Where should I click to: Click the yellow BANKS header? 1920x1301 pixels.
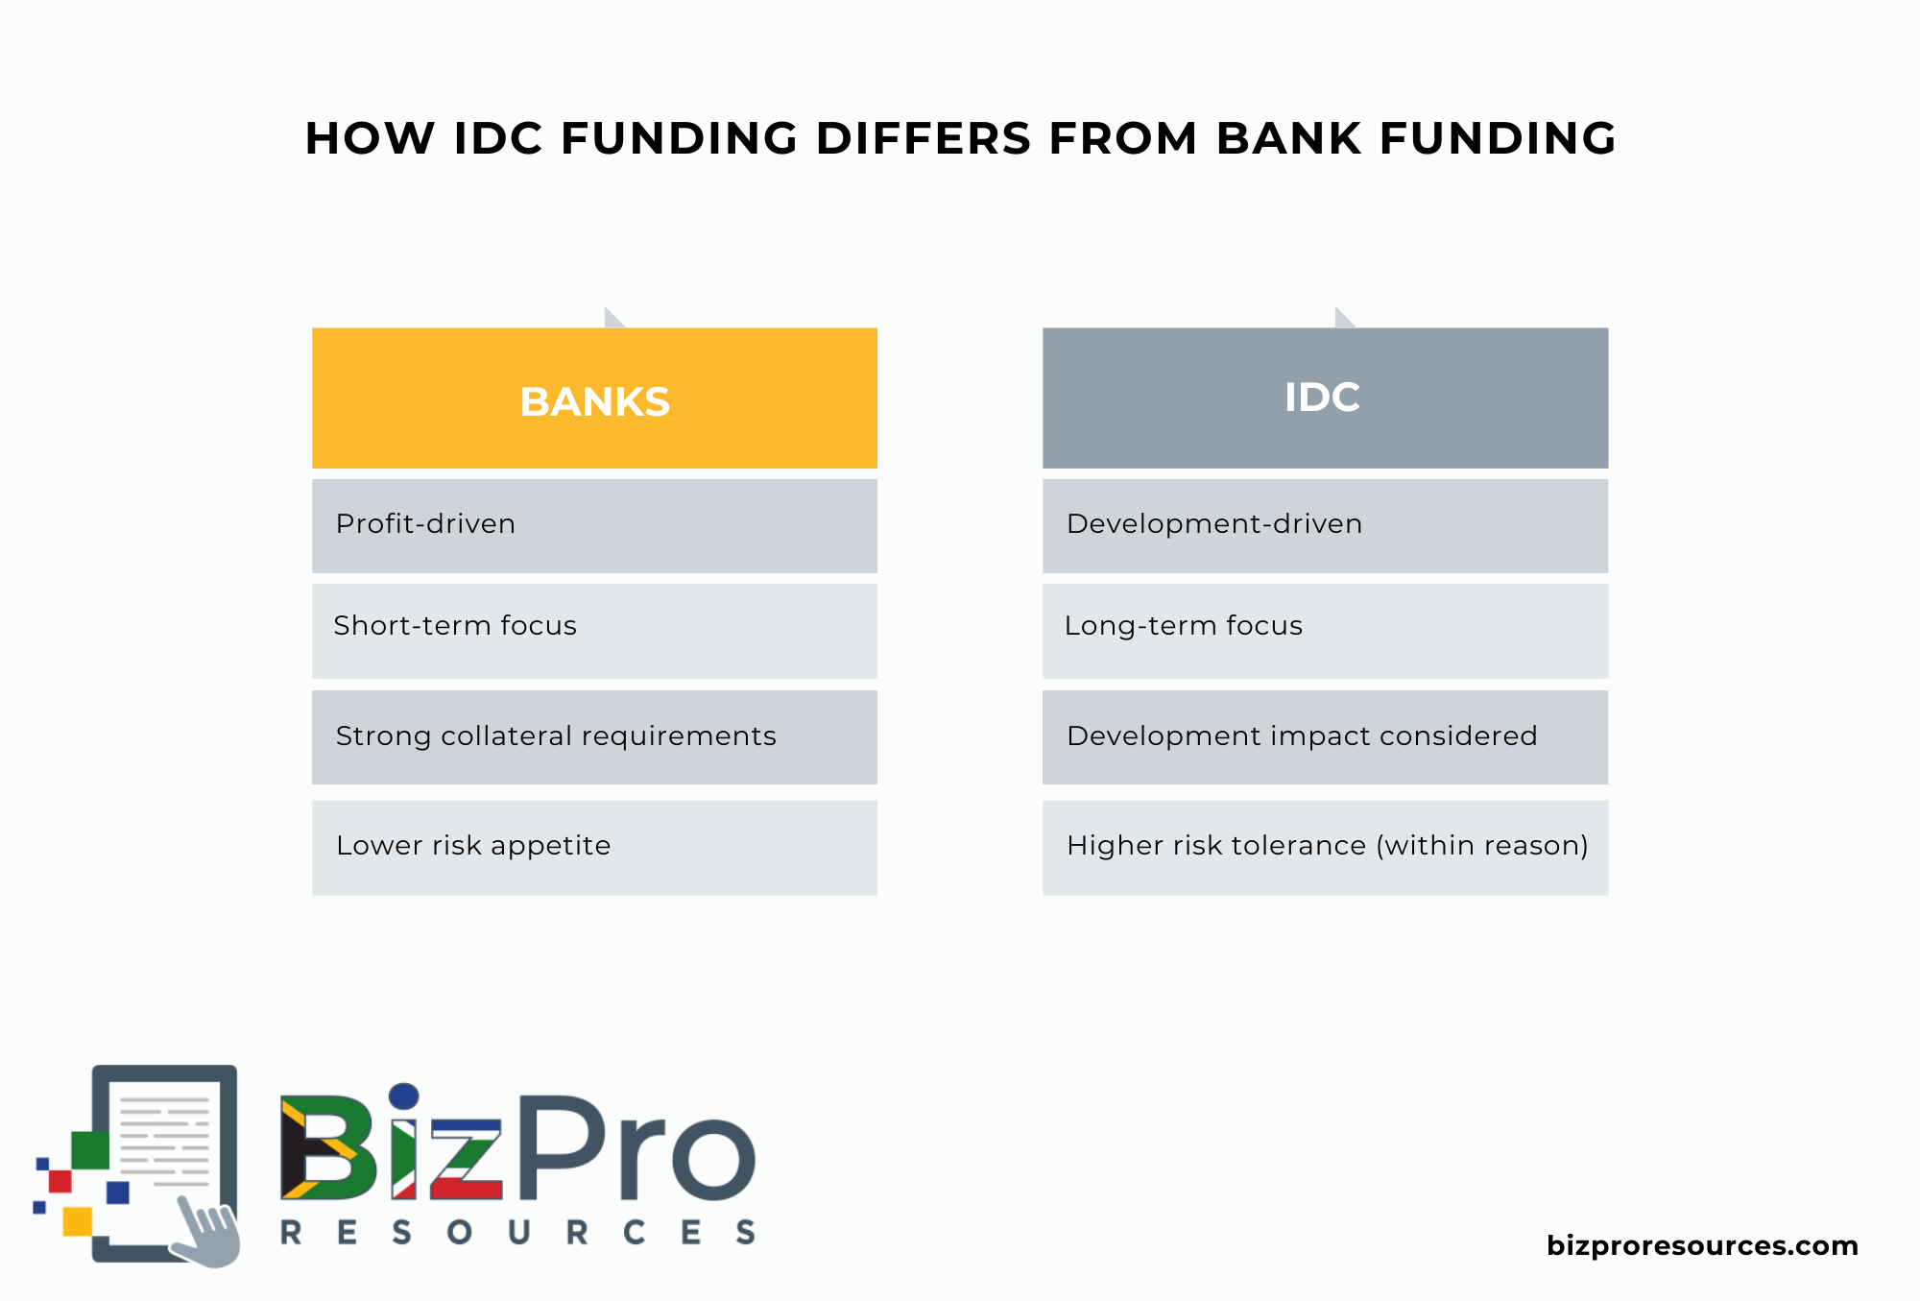pos(594,398)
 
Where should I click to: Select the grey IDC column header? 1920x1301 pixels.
pos(1325,398)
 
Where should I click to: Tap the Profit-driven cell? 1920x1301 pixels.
pos(594,525)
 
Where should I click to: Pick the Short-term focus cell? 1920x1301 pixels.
pos(594,630)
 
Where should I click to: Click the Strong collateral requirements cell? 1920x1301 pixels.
pos(594,736)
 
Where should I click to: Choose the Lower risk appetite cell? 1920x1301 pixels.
pos(594,847)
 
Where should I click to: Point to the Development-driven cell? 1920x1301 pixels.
pos(1325,525)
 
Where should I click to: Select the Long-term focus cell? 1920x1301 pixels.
pos(1325,630)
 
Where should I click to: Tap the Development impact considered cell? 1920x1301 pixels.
pos(1325,736)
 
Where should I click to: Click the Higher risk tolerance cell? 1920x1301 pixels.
pos(1325,847)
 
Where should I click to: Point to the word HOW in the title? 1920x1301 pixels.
pos(370,138)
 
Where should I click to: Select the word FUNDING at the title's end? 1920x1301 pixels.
pos(1498,138)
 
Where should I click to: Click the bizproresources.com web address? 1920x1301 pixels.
pos(1702,1245)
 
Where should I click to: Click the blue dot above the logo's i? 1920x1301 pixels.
pos(404,1096)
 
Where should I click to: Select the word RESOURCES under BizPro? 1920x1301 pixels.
pos(518,1232)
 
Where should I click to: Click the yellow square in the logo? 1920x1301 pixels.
pos(77,1221)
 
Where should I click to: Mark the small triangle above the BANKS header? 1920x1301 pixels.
pos(612,319)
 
